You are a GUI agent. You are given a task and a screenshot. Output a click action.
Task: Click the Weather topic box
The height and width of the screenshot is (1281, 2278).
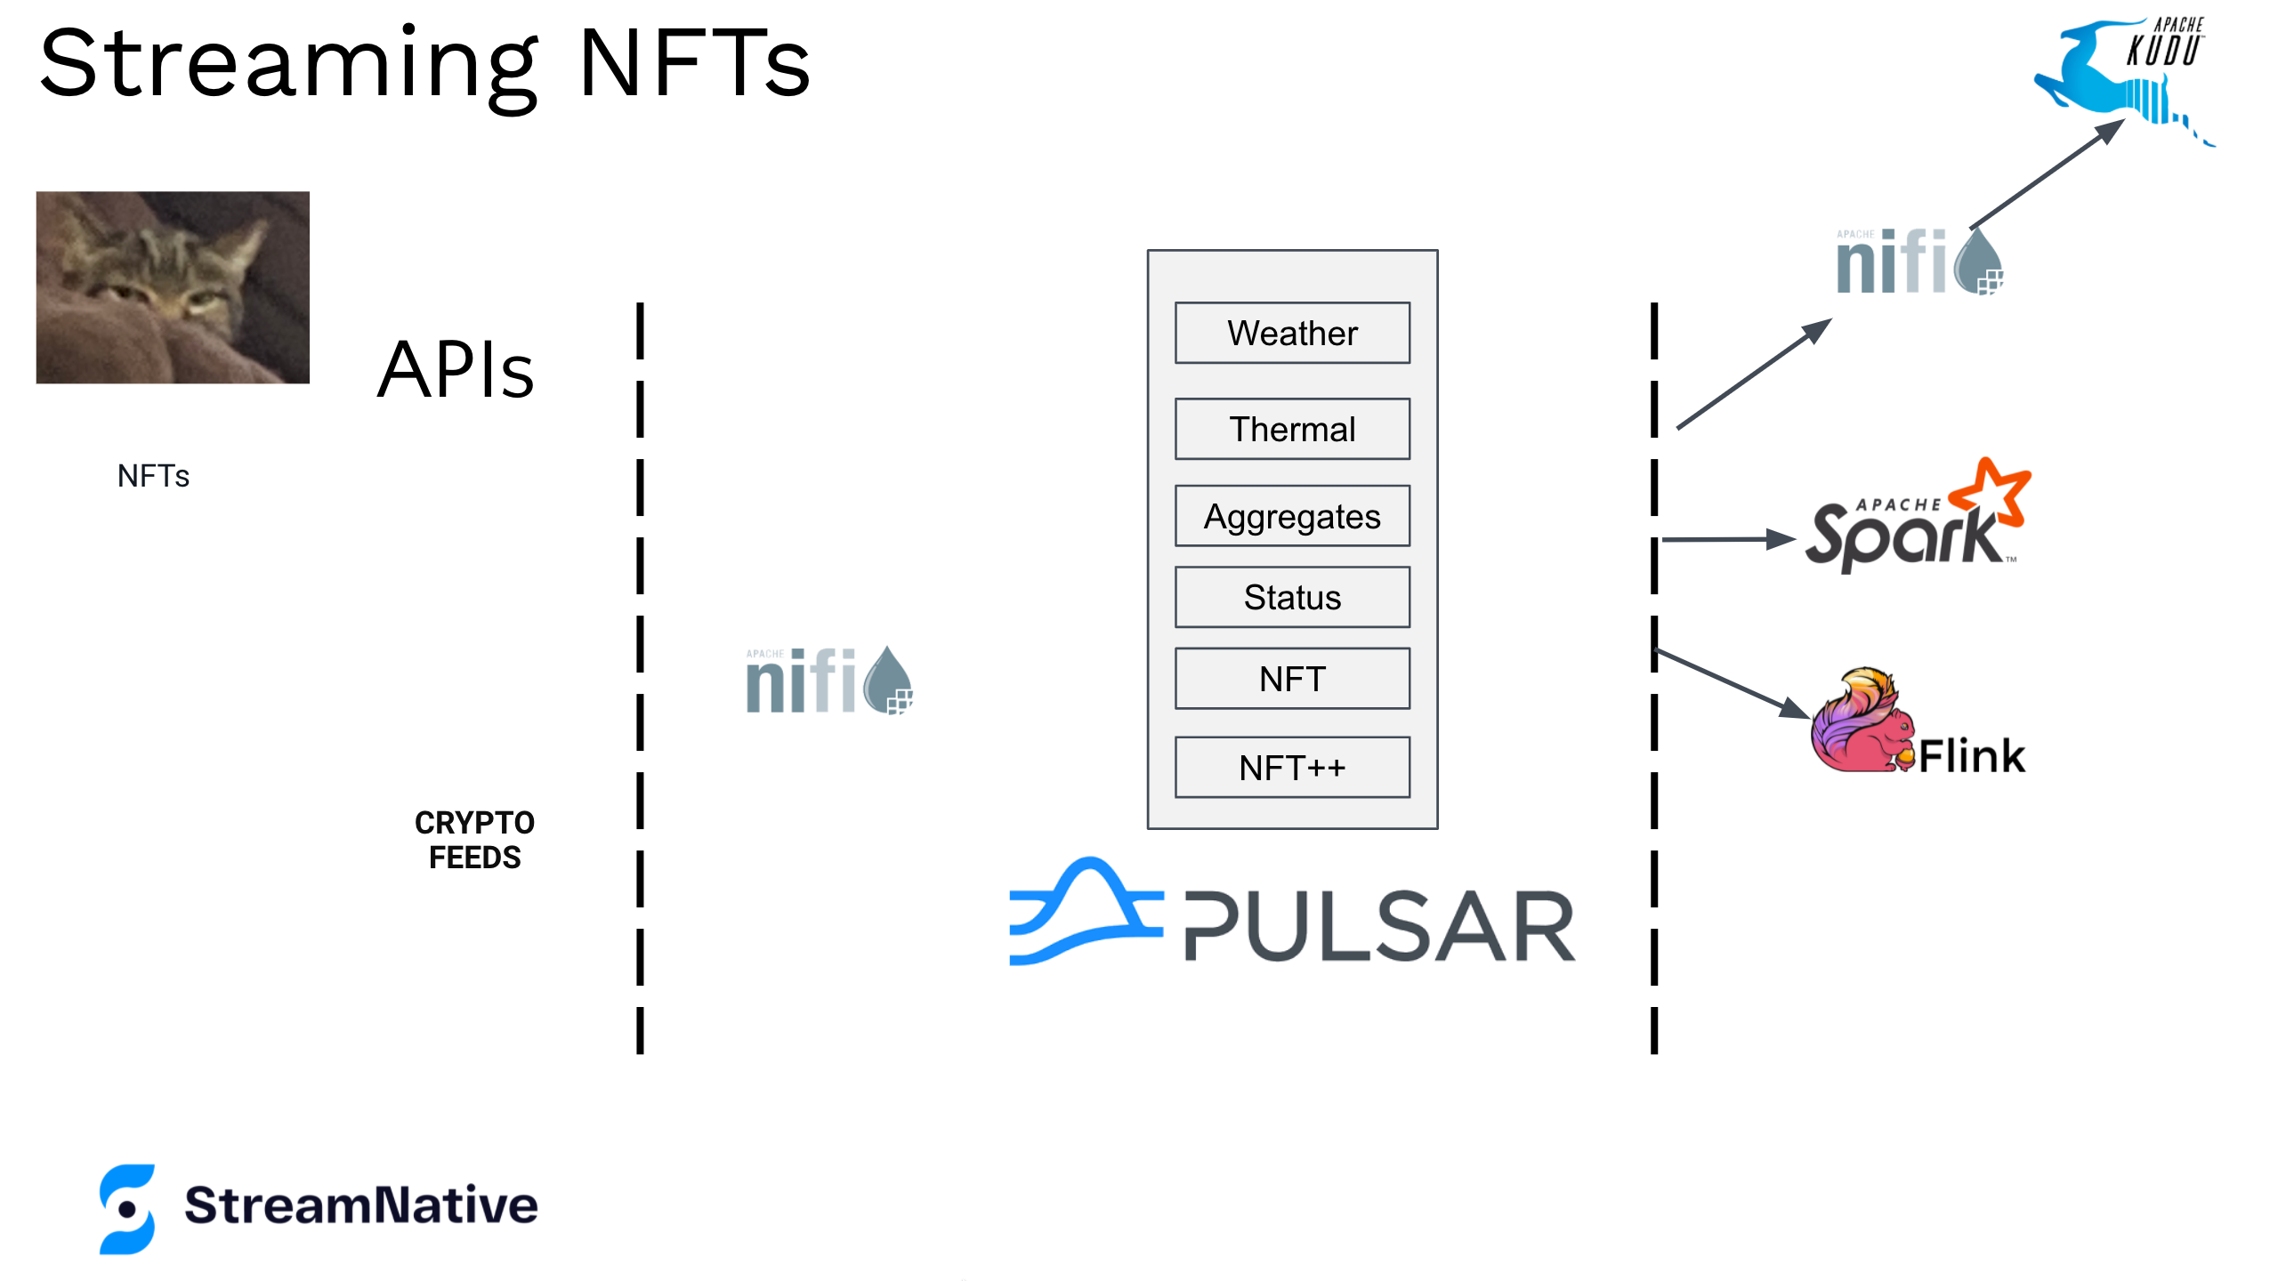[x=1292, y=334]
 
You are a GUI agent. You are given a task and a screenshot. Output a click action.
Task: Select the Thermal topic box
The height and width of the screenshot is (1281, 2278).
[x=1292, y=429]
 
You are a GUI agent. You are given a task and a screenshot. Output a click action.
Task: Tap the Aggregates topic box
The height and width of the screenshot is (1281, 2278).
[x=1292, y=516]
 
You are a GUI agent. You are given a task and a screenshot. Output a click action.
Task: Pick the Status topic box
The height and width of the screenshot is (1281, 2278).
[x=1292, y=597]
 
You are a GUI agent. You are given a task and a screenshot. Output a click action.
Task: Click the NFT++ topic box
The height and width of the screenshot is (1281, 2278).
[x=1292, y=767]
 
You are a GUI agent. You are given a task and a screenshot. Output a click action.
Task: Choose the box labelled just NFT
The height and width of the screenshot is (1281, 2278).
[x=1292, y=679]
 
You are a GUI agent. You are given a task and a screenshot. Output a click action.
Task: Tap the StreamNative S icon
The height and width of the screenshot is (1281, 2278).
[x=127, y=1209]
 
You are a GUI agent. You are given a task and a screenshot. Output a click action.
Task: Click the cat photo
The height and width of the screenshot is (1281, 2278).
[x=173, y=287]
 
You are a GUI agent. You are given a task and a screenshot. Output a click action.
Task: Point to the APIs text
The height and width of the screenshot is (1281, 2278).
[x=456, y=370]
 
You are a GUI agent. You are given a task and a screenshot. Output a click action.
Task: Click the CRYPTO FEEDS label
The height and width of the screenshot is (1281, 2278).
[x=474, y=840]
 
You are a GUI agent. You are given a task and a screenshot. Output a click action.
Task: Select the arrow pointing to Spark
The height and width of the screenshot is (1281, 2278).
[x=1726, y=539]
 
